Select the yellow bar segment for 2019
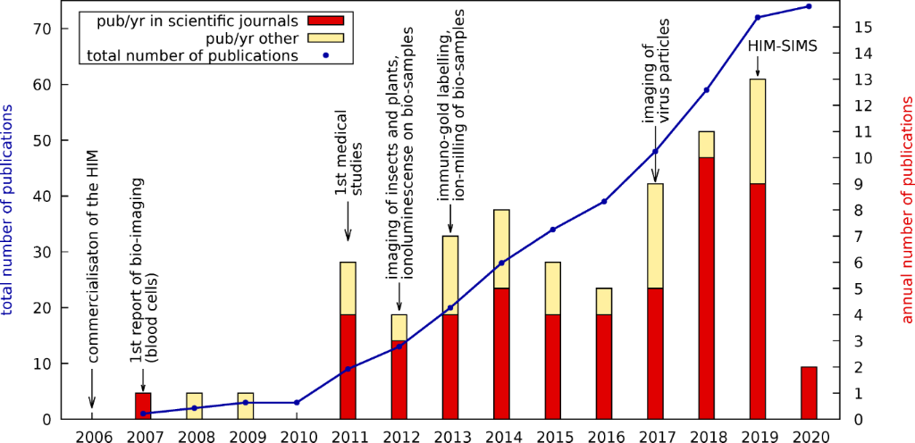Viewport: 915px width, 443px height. coord(757,131)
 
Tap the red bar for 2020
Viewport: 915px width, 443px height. coord(809,393)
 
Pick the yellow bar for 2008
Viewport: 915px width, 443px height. coord(194,405)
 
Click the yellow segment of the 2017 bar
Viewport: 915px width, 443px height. coord(655,236)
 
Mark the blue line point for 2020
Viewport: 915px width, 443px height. coord(809,6)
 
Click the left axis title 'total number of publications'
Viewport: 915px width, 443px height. coord(8,210)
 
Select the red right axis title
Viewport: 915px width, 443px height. coord(906,210)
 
